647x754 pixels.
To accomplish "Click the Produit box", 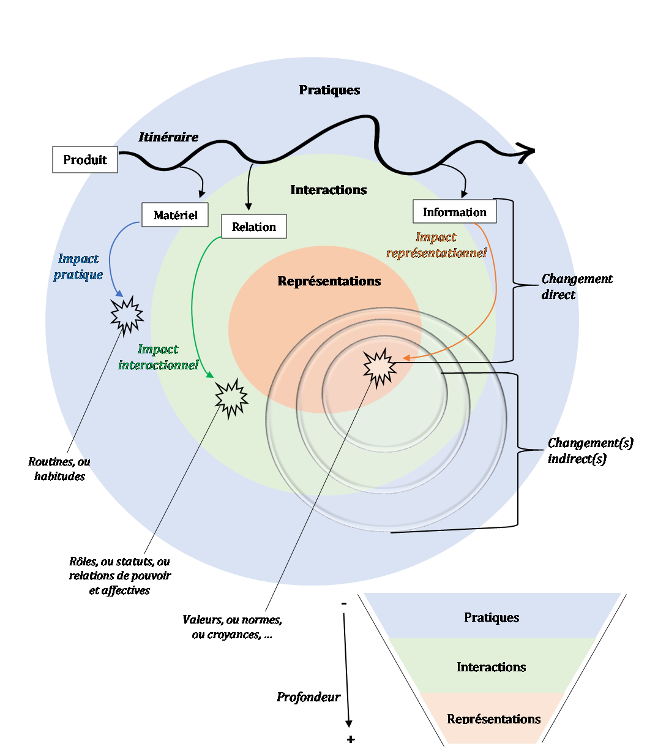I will tap(85, 160).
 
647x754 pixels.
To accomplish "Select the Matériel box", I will tap(174, 215).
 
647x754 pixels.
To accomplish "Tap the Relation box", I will tap(253, 227).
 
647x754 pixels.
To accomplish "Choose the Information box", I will tap(454, 212).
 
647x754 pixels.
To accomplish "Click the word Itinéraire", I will tap(168, 137).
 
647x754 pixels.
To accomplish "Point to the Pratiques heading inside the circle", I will tap(329, 90).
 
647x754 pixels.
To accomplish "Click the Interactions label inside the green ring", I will tap(329, 190).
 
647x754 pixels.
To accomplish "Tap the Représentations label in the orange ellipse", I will tap(329, 281).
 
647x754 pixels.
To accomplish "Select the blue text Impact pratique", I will tap(78, 266).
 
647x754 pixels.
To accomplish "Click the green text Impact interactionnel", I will tap(159, 357).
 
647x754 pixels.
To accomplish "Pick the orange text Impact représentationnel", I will tap(436, 245).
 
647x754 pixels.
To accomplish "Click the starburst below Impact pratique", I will tap(127, 315).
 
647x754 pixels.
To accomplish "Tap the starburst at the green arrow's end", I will tap(231, 398).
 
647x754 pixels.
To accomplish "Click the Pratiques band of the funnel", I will tap(492, 617).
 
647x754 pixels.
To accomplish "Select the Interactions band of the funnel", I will tap(492, 667).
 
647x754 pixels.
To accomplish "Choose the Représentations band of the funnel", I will tap(494, 719).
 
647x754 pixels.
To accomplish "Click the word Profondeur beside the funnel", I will tap(308, 697).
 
